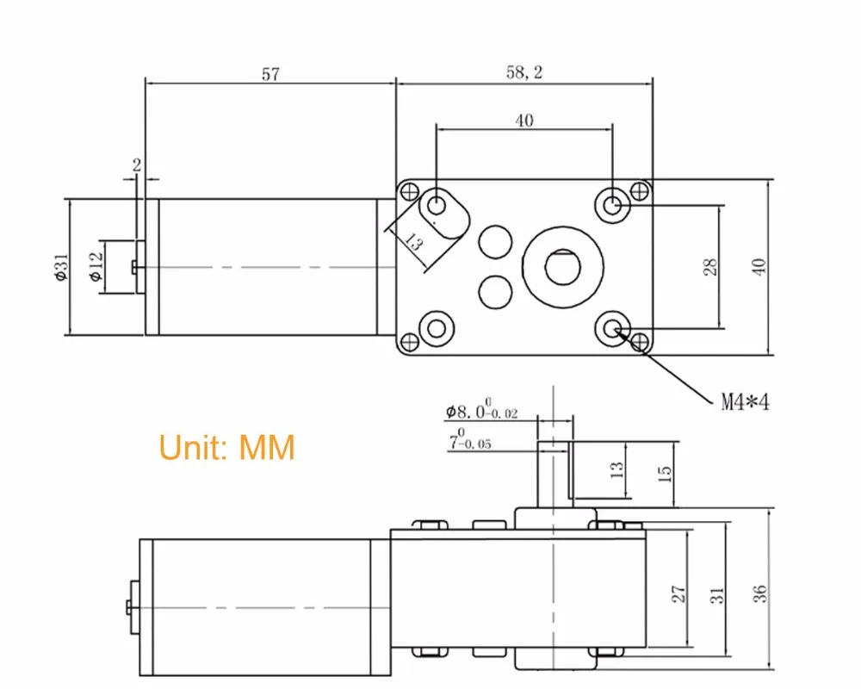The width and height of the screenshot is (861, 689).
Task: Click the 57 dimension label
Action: [269, 75]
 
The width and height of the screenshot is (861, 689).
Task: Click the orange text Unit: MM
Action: [226, 448]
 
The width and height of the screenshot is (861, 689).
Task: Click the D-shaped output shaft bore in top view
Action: [561, 264]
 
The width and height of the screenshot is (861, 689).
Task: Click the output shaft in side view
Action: [553, 474]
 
